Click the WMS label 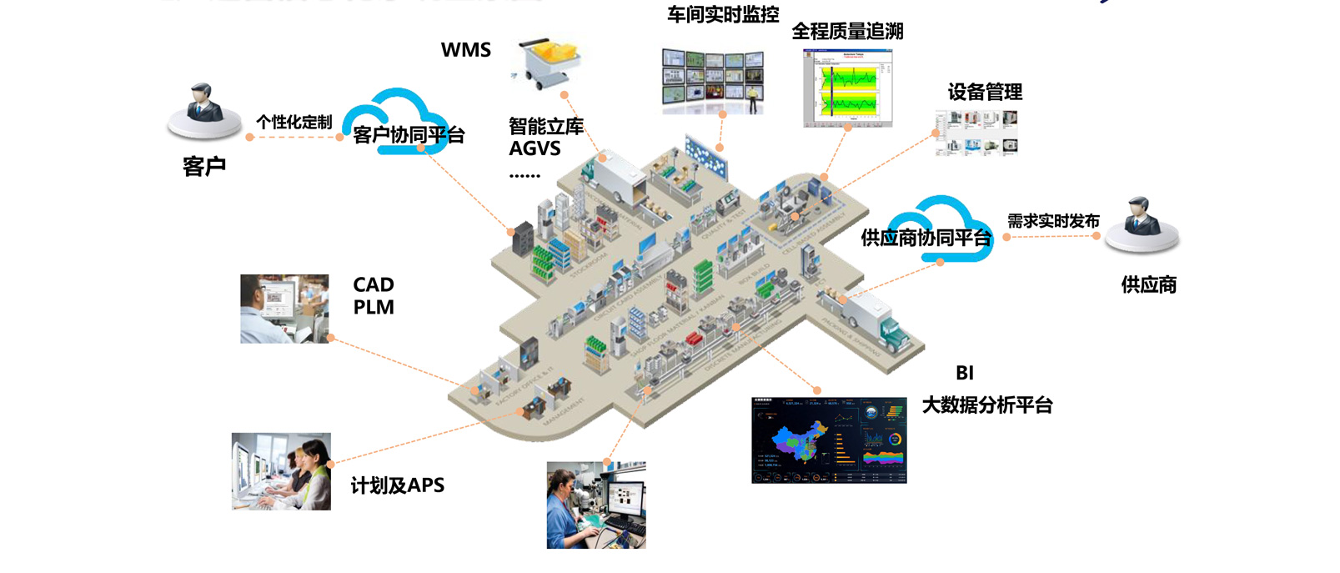465,50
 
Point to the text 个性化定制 294,122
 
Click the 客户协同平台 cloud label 408,134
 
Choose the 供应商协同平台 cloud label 926,238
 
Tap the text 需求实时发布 1053,221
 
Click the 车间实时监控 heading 723,14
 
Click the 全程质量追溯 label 847,32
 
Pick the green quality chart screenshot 847,88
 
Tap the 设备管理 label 985,92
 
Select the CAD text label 374,285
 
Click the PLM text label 374,308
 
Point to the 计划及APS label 398,485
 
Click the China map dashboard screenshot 829,440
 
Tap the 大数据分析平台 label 987,405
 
